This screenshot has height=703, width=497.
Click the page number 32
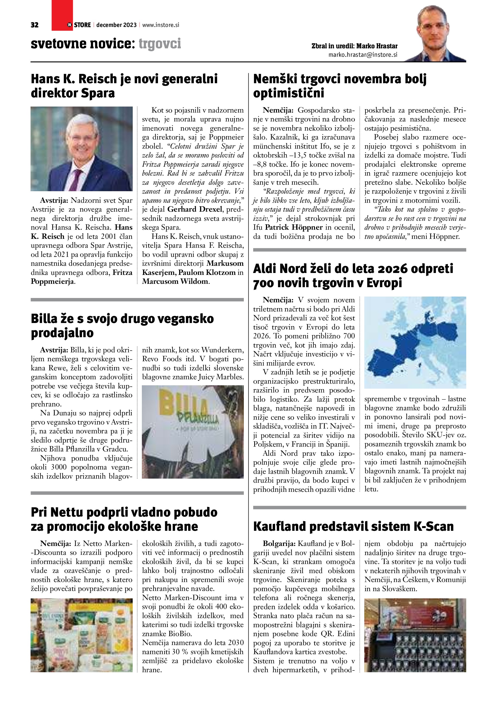pyautogui.click(x=35, y=25)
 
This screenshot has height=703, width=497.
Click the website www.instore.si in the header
pyautogui.click(x=160, y=25)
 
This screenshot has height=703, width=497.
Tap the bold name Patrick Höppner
pyautogui.click(x=294, y=228)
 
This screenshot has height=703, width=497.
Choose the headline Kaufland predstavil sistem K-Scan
pyautogui.click(x=353, y=526)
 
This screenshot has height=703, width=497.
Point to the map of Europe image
pyautogui.click(x=415, y=342)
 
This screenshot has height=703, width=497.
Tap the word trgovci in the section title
pyautogui.click(x=160, y=44)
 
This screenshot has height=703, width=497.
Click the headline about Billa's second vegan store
pyautogui.click(x=122, y=325)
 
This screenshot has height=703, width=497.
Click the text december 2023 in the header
pyautogui.click(x=116, y=25)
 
